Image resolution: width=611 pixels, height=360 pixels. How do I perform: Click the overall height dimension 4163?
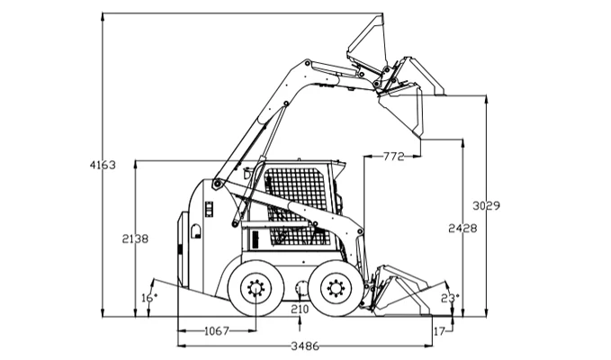pos(103,165)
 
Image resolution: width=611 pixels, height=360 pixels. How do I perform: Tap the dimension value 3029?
pos(486,205)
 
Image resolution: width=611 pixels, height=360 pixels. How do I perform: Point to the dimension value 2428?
pos(462,229)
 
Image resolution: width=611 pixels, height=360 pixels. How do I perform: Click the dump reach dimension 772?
pos(392,157)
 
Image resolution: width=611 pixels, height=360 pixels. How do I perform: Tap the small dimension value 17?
pos(438,331)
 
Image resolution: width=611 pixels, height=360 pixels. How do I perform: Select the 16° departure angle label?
pos(148,297)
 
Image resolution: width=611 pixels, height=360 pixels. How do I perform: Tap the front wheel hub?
pos(336,288)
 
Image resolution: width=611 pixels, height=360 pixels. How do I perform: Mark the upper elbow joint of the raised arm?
pos(309,65)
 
